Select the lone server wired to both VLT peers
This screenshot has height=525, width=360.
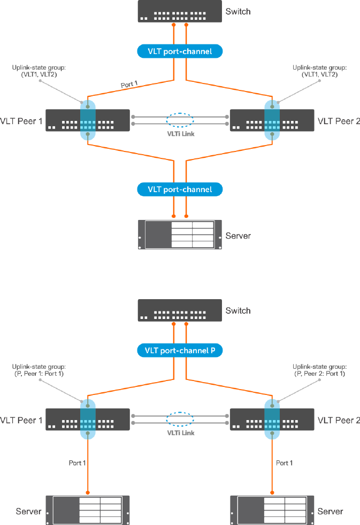point(179,234)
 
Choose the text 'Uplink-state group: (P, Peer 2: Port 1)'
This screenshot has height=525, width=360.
point(319,370)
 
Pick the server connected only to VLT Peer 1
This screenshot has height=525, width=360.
point(87,511)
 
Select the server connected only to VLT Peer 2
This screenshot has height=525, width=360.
point(272,511)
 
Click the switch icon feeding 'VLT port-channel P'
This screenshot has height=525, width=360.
point(179,310)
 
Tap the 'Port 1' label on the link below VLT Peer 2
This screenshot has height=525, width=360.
point(284,462)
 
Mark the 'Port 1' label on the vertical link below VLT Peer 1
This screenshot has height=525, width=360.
point(77,462)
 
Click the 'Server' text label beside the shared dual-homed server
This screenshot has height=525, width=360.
point(238,235)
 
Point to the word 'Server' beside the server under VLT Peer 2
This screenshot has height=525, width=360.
point(330,511)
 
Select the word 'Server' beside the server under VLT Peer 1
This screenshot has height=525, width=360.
point(28,511)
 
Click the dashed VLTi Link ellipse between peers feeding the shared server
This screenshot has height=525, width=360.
point(180,119)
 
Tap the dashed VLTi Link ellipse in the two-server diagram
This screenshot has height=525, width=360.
point(180,419)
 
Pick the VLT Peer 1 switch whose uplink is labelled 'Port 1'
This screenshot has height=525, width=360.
point(88,120)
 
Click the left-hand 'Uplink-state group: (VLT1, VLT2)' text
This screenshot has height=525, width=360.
point(35,71)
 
